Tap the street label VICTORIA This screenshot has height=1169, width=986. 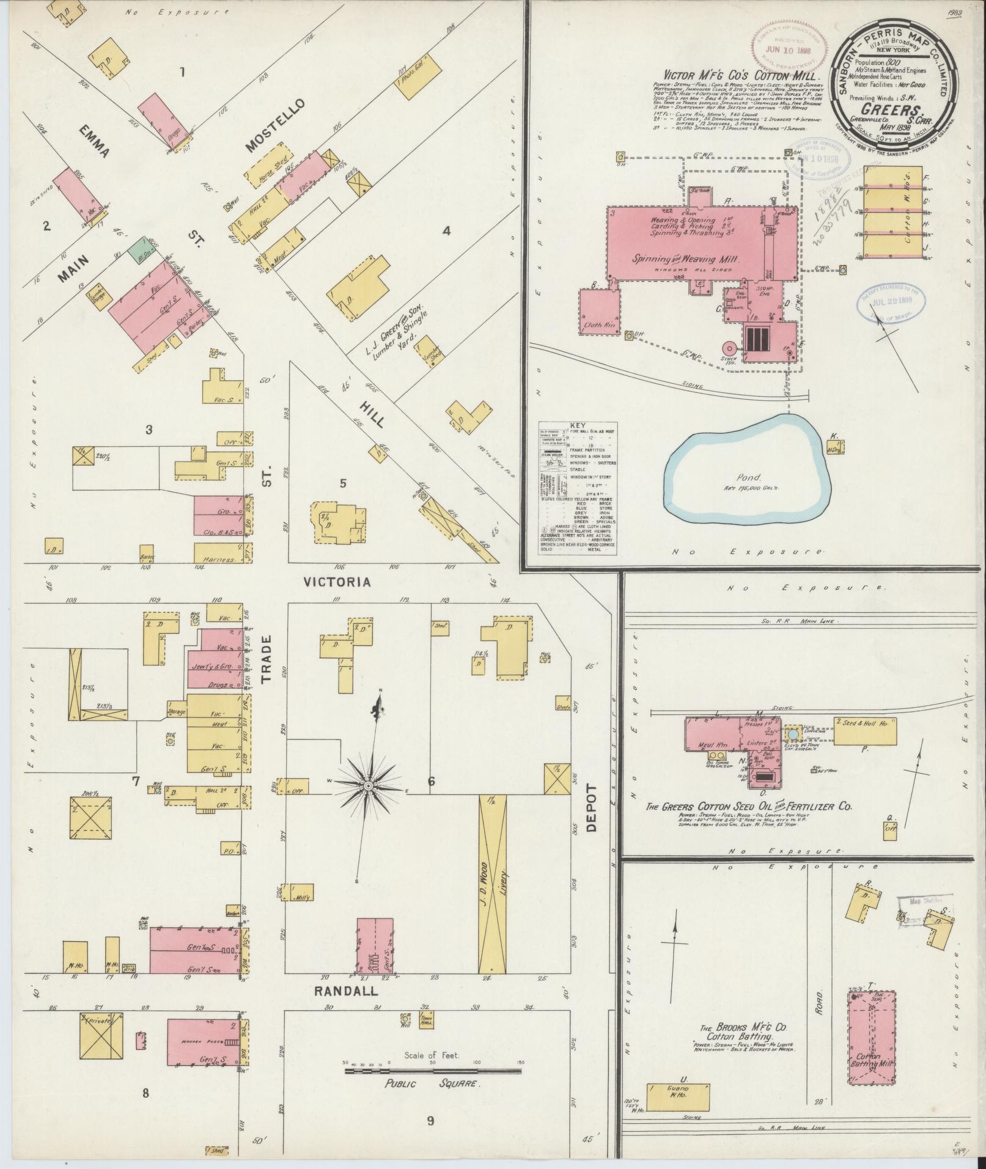[338, 582]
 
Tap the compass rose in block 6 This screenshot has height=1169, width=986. [369, 785]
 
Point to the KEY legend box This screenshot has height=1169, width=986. [578, 488]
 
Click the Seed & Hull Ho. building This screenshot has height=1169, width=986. [865, 731]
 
